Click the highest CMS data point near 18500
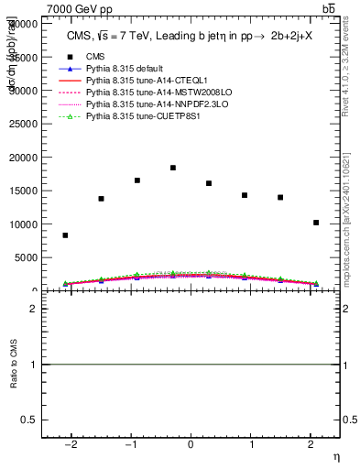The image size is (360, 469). point(173,168)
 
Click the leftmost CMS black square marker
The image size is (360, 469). point(65,235)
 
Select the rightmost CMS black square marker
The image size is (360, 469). point(316,223)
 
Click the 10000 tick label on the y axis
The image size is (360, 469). point(23,224)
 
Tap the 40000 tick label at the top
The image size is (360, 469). point(23,23)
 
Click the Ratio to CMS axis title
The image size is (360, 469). point(13,364)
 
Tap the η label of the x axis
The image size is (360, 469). point(334,455)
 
